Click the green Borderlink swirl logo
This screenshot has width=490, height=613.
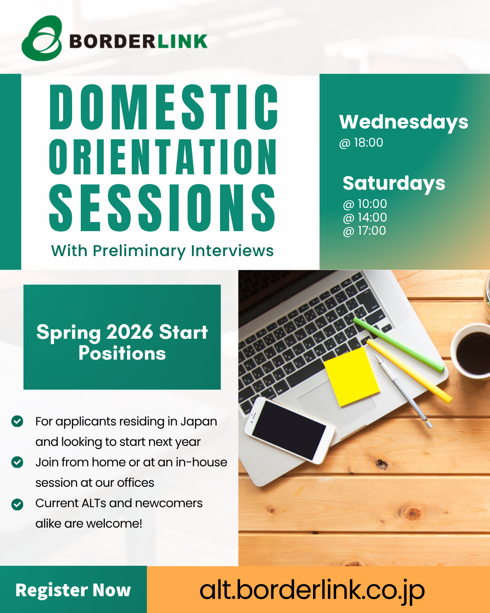42,38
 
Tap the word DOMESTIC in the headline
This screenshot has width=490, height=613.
163,107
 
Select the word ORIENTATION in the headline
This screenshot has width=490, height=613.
162,157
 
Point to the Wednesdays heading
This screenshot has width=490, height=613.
403,123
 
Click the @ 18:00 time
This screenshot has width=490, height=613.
361,143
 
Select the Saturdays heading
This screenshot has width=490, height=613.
394,183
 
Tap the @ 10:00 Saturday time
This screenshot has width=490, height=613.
365,204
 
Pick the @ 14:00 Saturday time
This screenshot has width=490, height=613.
365,218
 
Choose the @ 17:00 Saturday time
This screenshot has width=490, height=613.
364,231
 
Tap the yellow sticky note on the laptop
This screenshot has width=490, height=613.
352,376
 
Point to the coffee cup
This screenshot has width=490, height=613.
471,352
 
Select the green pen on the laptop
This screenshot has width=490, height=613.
399,345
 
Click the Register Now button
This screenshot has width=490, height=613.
73,590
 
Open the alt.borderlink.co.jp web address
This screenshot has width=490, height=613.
312,590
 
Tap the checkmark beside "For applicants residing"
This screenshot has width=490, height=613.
17,421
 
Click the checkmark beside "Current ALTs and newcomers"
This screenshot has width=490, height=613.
17,504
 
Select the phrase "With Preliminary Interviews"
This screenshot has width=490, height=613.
162,251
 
